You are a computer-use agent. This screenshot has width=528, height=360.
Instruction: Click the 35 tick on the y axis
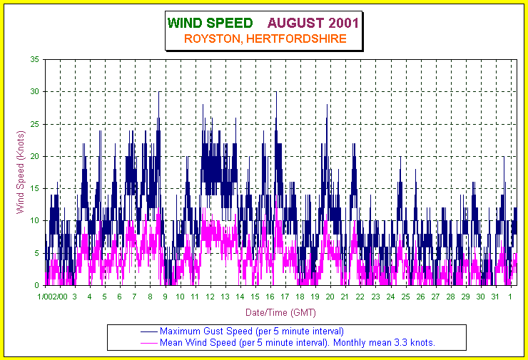point(35,59)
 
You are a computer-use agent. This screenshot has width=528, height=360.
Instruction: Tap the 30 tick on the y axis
point(35,91)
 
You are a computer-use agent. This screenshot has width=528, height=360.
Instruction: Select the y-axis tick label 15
point(35,188)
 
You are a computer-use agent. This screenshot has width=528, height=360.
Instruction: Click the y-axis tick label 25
point(35,124)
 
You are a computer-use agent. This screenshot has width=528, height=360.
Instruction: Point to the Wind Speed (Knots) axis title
point(21,172)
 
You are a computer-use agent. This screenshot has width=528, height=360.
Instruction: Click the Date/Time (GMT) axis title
point(280,312)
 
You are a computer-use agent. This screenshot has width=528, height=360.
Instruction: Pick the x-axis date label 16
point(270,297)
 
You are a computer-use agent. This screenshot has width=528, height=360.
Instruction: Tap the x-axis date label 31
point(495,297)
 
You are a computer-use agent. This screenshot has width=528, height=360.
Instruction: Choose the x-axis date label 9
point(165,297)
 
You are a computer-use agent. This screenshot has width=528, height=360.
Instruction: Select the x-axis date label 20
point(330,297)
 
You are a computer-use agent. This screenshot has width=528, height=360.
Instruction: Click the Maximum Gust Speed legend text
point(252,331)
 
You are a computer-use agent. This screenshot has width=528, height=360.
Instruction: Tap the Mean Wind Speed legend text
point(298,343)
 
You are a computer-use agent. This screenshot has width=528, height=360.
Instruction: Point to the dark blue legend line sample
point(148,331)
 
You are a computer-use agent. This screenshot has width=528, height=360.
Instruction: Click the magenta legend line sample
point(148,343)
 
